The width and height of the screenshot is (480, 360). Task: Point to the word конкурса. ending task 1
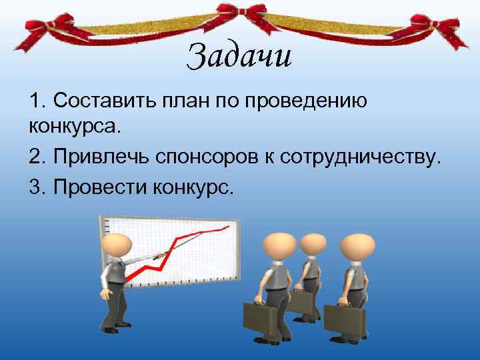(x=72, y=125)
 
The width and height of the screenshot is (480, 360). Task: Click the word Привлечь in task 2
(x=100, y=157)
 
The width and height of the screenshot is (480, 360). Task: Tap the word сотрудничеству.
(x=361, y=158)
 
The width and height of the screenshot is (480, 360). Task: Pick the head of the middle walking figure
(x=312, y=245)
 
